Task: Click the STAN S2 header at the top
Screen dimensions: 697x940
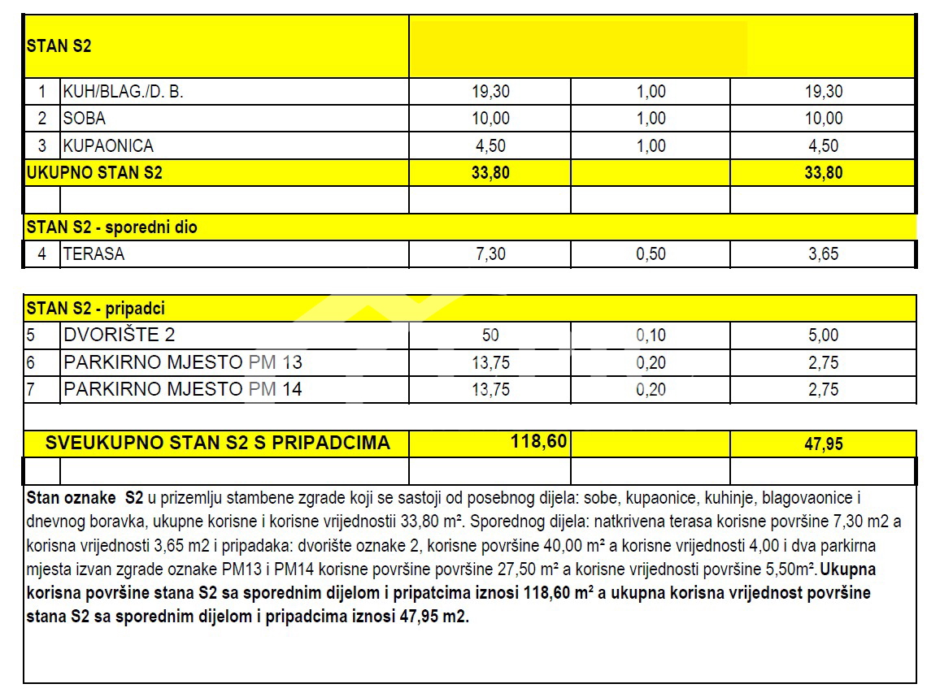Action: (59, 46)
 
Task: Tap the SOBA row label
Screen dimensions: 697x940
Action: (85, 119)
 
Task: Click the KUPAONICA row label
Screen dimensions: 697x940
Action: (108, 146)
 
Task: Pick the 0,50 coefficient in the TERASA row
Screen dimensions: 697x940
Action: (651, 254)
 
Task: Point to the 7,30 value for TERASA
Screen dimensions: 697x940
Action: (490, 254)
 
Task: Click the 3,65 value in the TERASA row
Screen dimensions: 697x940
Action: (823, 254)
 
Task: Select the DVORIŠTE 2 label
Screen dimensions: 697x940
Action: (119, 335)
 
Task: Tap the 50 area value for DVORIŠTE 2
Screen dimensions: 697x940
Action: (490, 335)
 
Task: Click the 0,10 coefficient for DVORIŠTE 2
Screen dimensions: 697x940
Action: (651, 335)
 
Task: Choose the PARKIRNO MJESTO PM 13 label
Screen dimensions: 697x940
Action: (183, 362)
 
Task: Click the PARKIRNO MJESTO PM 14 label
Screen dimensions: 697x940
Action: (183, 389)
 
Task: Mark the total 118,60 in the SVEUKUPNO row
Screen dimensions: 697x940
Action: (537, 442)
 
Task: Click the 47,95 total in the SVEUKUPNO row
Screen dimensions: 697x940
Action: (823, 444)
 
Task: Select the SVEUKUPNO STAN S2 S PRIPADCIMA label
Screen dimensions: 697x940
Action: (218, 443)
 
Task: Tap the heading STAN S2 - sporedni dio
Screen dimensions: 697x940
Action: (111, 227)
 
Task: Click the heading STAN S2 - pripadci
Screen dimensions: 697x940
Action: (96, 309)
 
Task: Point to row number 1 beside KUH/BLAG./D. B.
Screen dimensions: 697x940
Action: (42, 92)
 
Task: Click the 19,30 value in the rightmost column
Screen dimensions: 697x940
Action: (823, 92)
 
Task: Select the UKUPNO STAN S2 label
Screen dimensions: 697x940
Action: (94, 173)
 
